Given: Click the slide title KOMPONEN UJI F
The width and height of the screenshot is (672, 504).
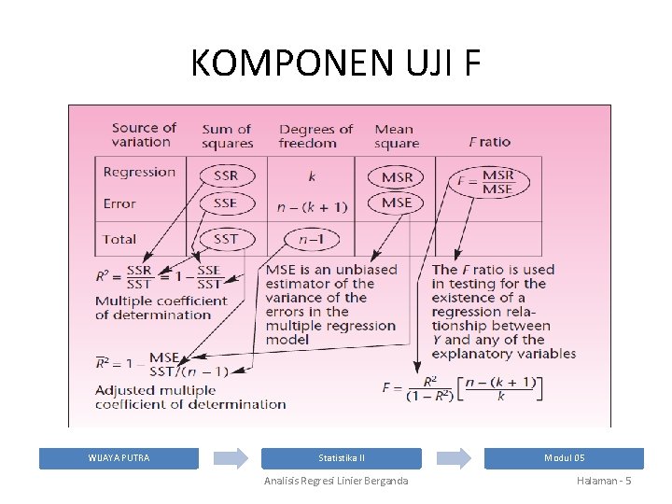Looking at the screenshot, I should pyautogui.click(x=336, y=63).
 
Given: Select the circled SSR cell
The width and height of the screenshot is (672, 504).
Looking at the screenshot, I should pyautogui.click(x=225, y=175).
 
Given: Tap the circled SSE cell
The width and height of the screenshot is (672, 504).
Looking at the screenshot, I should pyautogui.click(x=225, y=203).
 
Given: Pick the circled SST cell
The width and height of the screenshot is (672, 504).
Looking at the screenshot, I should pyautogui.click(x=225, y=239).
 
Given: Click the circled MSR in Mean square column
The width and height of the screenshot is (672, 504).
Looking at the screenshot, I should pyautogui.click(x=397, y=176).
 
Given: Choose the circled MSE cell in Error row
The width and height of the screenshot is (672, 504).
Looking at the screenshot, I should pyautogui.click(x=397, y=203).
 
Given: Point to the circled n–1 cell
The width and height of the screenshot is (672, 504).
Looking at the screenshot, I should pyautogui.click(x=311, y=239).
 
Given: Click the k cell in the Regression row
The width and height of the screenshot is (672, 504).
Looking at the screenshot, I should pyautogui.click(x=311, y=175).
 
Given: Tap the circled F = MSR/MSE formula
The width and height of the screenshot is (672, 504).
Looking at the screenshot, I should pyautogui.click(x=485, y=182).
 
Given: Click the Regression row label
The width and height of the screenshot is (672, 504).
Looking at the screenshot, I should pyautogui.click(x=139, y=172).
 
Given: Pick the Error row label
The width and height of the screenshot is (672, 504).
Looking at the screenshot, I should pyautogui.click(x=119, y=203).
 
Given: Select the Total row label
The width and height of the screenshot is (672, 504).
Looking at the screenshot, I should pyautogui.click(x=119, y=239).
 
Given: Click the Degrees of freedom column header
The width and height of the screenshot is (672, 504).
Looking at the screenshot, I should pyautogui.click(x=315, y=136).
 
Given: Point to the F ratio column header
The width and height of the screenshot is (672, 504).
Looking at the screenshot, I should pyautogui.click(x=490, y=142).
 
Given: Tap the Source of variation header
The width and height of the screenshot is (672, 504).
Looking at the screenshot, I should pyautogui.click(x=143, y=135).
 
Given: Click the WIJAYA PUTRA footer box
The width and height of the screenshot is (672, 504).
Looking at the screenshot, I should pyautogui.click(x=119, y=458).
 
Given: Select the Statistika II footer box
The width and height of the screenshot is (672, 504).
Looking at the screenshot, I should pyautogui.click(x=342, y=458).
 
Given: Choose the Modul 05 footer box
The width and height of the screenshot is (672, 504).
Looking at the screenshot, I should pyautogui.click(x=565, y=458).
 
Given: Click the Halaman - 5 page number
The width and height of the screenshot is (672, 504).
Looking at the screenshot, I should pyautogui.click(x=605, y=481).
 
